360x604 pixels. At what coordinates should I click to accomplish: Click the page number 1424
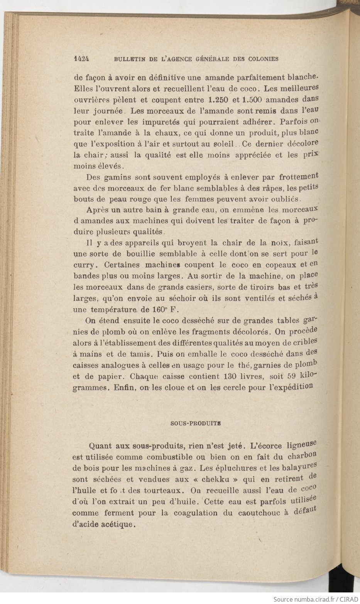[82, 59]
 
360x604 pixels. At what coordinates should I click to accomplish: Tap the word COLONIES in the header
[262, 59]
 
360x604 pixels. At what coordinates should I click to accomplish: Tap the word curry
[84, 265]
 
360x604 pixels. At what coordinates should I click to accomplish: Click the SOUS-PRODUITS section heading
[196, 423]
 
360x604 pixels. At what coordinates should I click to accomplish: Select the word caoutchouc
[251, 513]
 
